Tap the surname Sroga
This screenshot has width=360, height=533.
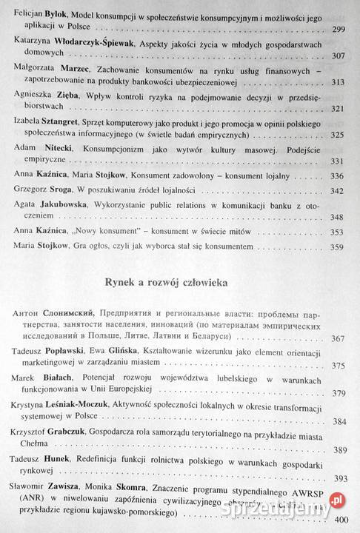(x=64, y=191)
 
